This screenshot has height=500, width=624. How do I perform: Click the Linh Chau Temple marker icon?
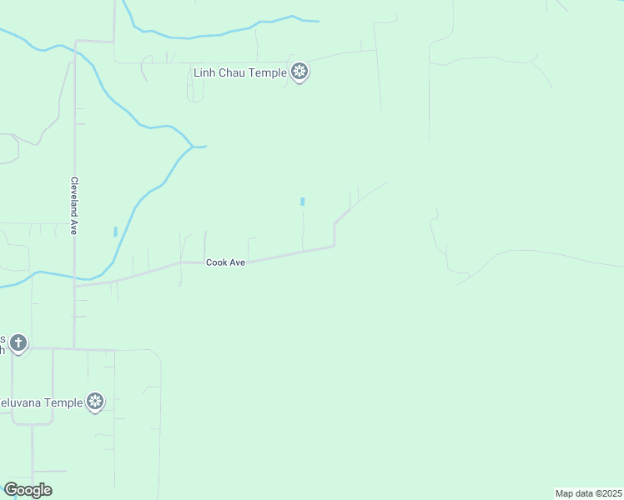pyautogui.click(x=300, y=72)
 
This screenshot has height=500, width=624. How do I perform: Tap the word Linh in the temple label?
pyautogui.click(x=204, y=72)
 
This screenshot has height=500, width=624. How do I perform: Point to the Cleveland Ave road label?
pyautogui.click(x=73, y=205)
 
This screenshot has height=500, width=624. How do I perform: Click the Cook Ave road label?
pyautogui.click(x=225, y=262)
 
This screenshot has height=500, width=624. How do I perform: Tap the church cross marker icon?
pyautogui.click(x=18, y=342)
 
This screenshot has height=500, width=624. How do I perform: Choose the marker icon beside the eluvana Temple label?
pyautogui.click(x=96, y=402)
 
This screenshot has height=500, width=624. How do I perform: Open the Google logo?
pyautogui.click(x=28, y=490)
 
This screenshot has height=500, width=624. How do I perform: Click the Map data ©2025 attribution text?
pyautogui.click(x=588, y=493)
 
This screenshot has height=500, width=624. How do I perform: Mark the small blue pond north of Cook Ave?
pyautogui.click(x=302, y=202)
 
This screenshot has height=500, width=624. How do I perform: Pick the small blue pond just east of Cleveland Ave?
pyautogui.click(x=115, y=232)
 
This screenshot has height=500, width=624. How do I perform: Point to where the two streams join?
pyautogui.click(x=193, y=147)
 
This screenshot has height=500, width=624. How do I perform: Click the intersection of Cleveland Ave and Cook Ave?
pyautogui.click(x=75, y=285)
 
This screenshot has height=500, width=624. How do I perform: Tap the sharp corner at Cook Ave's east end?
pyautogui.click(x=335, y=245)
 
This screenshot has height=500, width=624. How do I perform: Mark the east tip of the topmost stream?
pyautogui.click(x=317, y=21)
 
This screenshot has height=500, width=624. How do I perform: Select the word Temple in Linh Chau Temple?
pyautogui.click(x=269, y=72)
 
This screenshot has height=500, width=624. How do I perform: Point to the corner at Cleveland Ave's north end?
pyautogui.click(x=76, y=41)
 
